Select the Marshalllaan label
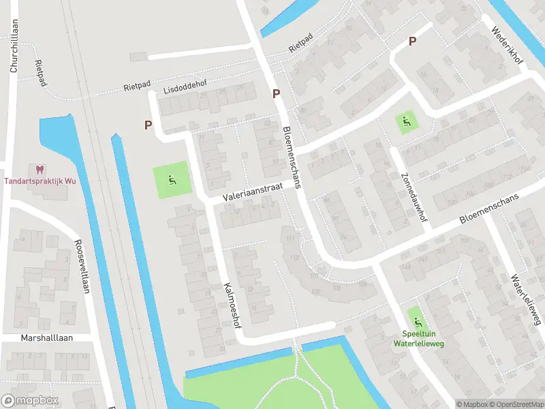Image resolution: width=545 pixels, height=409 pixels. [x=46, y=337]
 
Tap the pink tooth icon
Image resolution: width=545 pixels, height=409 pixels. [x=38, y=169]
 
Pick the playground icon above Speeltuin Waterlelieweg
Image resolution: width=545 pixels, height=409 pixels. [x=415, y=320]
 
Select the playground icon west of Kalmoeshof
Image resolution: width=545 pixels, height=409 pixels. [x=172, y=181]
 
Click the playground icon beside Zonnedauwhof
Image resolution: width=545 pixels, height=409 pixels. [x=407, y=123]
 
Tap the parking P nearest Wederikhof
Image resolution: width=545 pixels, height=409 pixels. [x=412, y=42]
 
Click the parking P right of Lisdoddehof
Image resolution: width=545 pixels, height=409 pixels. [x=277, y=95]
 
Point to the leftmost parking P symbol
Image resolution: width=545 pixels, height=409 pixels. [x=148, y=125]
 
